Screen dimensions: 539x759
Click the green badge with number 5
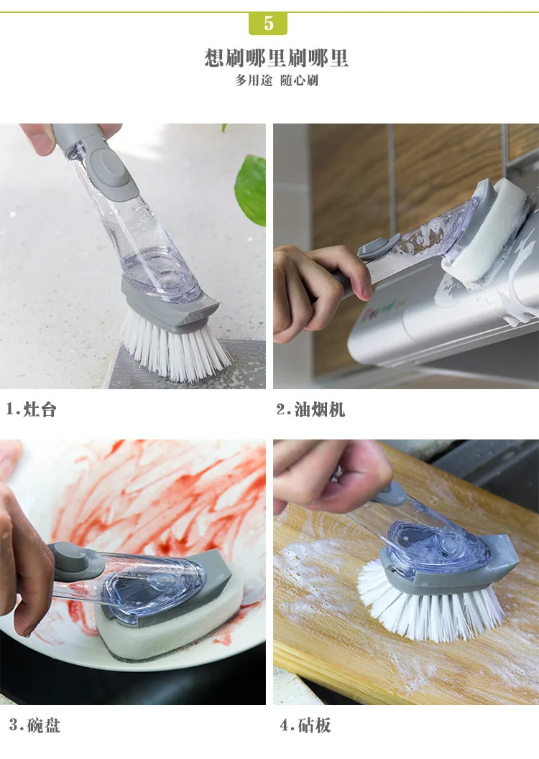[268, 23]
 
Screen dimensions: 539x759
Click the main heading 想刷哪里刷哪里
[277, 58]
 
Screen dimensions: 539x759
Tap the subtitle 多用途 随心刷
[277, 80]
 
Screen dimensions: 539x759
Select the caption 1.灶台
[31, 409]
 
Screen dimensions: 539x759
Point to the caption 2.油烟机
[310, 409]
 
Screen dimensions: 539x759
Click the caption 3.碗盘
[34, 725]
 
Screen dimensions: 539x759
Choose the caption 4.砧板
[305, 725]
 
